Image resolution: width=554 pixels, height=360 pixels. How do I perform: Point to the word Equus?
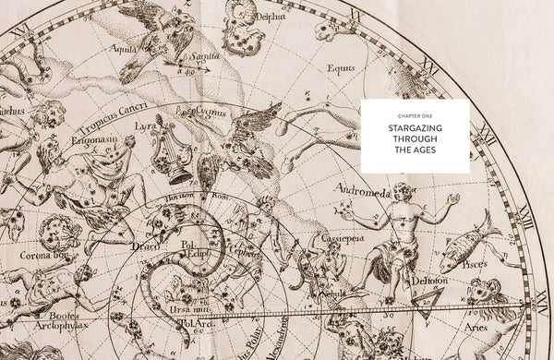341,66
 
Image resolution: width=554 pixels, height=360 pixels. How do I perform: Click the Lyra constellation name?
146,125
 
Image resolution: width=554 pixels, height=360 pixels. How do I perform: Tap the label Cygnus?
211,113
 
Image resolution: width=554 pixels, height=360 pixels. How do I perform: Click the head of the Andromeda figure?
402,192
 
